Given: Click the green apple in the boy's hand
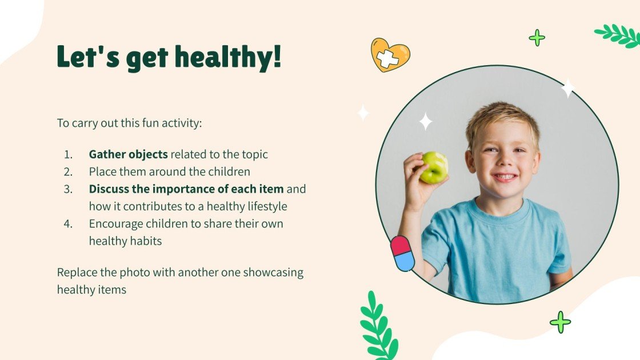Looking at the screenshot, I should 434,167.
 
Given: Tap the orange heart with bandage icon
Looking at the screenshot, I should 390,55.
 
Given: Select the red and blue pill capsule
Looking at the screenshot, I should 402,253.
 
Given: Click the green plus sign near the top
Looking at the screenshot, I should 537,38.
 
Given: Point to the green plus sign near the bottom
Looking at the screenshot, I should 560,322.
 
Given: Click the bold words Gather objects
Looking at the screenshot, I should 128,154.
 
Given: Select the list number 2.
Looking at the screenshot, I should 68,171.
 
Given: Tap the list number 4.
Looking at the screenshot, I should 68,223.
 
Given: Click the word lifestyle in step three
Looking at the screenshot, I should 265,206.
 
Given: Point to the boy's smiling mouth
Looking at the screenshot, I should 505,177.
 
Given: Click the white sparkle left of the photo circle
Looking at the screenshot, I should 363,113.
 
